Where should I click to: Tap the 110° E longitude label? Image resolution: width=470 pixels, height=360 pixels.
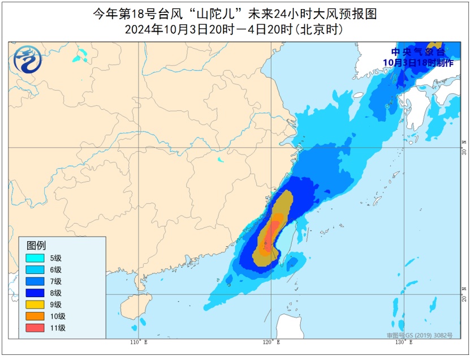137,342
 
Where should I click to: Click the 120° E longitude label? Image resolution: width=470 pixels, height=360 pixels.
268,342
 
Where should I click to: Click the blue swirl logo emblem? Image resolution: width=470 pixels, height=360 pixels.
28,59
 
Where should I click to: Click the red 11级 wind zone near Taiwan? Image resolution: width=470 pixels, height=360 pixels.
272,232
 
